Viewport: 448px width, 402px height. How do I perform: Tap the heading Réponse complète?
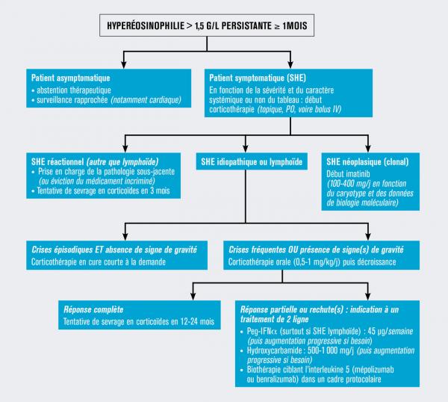point(94,309)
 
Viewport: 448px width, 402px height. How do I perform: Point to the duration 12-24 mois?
point(191,321)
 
